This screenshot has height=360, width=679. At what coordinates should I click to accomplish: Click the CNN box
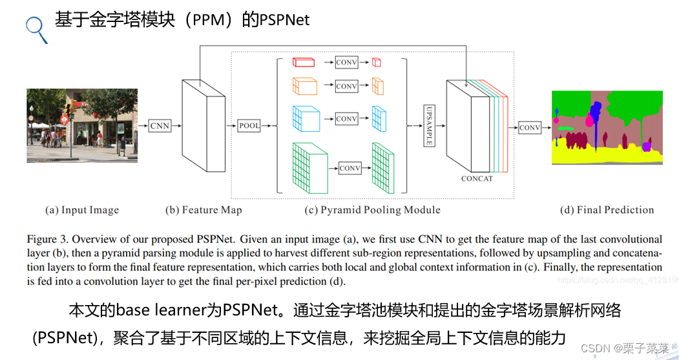click(160, 125)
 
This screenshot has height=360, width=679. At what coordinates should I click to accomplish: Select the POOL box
click(249, 125)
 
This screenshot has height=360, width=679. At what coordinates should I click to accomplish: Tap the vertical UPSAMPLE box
click(428, 125)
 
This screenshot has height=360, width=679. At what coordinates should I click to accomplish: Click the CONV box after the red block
click(346, 62)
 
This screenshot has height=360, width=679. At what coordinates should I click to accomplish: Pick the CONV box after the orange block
click(346, 86)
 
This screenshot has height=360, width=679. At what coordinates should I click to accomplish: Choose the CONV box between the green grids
click(350, 168)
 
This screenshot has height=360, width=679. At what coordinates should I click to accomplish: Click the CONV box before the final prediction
click(530, 127)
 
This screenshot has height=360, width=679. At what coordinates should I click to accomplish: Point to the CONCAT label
click(477, 178)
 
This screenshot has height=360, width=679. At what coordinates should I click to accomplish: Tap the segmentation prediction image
click(607, 127)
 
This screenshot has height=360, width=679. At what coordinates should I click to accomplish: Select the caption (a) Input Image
click(82, 210)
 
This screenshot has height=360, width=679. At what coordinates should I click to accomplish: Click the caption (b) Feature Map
click(204, 210)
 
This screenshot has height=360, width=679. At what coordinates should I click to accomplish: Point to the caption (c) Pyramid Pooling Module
click(372, 210)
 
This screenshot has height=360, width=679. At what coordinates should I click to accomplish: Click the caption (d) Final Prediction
click(607, 210)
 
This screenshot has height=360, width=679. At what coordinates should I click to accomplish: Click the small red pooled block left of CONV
click(304, 62)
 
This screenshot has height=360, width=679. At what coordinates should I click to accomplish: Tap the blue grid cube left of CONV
click(306, 118)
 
